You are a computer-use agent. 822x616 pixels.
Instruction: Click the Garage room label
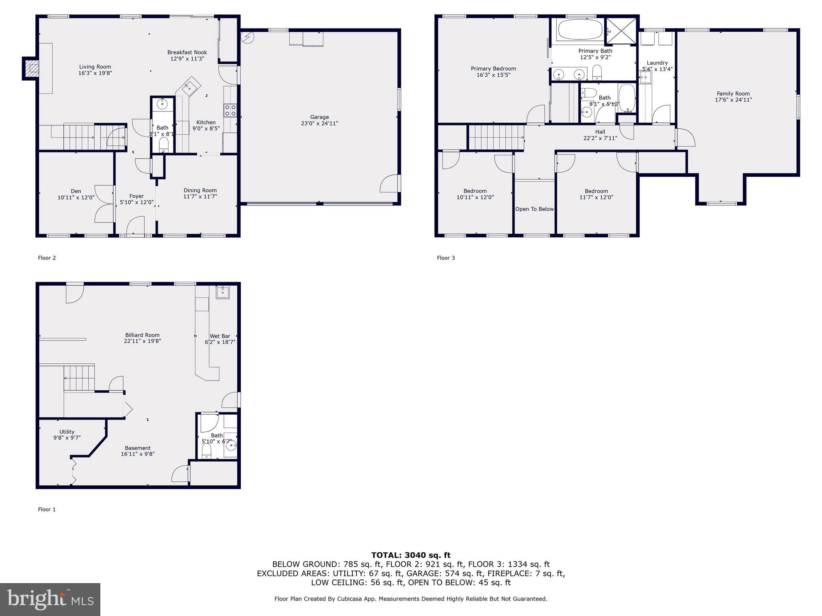point(319,117)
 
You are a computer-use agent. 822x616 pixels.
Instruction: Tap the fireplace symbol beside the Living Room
point(31,68)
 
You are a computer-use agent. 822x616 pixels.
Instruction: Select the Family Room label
point(733,94)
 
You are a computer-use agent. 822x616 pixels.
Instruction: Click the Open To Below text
point(534,209)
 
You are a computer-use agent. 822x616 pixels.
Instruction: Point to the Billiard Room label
point(142,335)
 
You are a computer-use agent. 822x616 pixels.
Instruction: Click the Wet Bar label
point(220,336)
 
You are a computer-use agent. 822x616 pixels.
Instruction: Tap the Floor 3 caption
point(446,258)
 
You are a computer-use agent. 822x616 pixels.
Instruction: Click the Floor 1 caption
point(47,509)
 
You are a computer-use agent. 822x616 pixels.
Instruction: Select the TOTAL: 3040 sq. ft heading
point(411,555)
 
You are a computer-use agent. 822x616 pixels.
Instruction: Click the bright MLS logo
point(50,599)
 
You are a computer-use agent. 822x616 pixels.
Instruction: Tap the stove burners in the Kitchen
point(230,110)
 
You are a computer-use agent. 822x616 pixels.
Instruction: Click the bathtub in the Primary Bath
point(580,29)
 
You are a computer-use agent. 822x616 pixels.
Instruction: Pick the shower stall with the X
point(621,30)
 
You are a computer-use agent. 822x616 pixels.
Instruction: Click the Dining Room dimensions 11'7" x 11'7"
point(200,197)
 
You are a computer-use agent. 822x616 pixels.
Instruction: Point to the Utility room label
point(67,432)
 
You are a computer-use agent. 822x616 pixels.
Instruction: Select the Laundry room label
point(657,63)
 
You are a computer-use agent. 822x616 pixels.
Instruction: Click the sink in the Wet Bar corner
point(223,292)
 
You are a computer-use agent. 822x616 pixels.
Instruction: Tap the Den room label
point(76,191)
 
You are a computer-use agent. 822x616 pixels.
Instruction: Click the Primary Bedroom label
point(493,69)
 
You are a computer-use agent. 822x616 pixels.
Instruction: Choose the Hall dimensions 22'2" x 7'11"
point(600,138)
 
